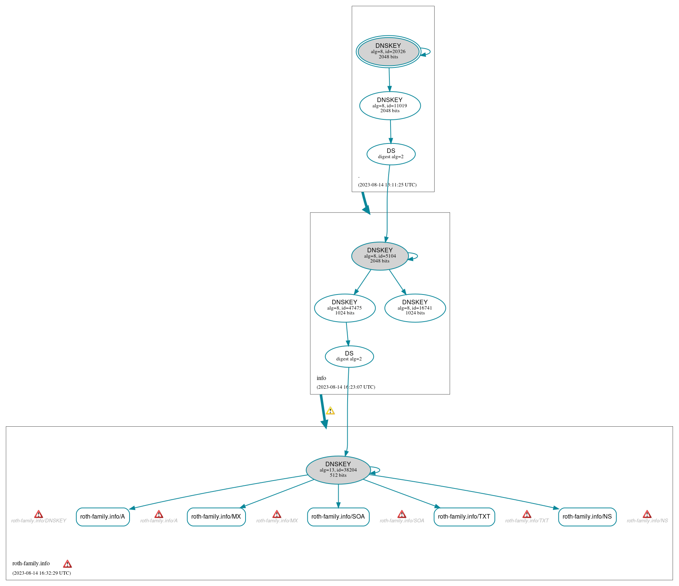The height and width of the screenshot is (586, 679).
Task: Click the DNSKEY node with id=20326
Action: (x=388, y=52)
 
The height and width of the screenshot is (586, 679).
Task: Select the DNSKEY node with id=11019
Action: (x=390, y=106)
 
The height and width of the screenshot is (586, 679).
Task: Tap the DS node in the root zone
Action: (x=391, y=154)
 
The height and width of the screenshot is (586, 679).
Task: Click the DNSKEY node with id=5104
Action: (x=380, y=256)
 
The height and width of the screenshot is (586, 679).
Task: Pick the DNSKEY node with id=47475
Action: (x=345, y=308)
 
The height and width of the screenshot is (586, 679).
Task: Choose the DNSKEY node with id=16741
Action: (x=415, y=308)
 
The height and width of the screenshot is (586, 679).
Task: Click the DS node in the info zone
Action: (x=349, y=356)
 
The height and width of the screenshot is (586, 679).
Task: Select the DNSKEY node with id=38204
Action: (x=338, y=470)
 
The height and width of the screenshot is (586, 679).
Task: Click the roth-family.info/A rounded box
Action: (x=103, y=517)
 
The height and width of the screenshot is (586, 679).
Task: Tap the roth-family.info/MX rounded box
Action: (x=216, y=517)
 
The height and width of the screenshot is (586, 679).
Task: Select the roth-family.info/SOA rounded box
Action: (x=338, y=517)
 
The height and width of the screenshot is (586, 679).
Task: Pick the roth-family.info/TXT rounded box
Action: (x=464, y=517)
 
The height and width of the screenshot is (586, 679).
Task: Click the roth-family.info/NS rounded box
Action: (x=587, y=517)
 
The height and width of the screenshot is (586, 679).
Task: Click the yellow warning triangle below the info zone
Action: (x=330, y=411)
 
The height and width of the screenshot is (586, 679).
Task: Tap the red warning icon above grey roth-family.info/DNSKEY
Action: (x=38, y=514)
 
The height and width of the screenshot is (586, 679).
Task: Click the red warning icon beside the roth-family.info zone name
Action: (x=67, y=564)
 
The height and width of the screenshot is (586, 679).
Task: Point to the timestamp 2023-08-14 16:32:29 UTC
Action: (x=41, y=573)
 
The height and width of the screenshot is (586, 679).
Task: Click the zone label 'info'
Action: (x=321, y=378)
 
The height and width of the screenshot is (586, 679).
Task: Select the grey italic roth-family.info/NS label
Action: (x=647, y=521)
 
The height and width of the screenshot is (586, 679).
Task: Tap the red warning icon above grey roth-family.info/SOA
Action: (x=402, y=514)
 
